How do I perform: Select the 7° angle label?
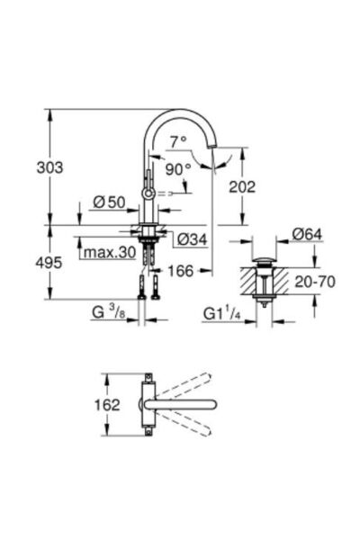[177, 140]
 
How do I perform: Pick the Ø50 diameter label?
[107, 202]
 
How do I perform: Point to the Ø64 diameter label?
[307, 235]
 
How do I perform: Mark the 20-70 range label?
[315, 282]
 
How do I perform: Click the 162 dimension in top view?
[107, 405]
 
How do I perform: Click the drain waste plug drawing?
[264, 279]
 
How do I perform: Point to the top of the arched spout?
[180, 112]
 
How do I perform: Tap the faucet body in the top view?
[148, 404]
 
